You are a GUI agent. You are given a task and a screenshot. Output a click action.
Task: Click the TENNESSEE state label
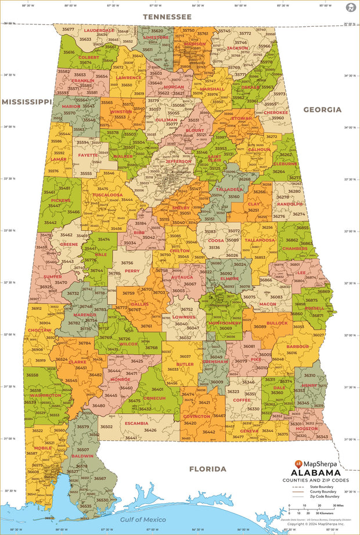(167, 17)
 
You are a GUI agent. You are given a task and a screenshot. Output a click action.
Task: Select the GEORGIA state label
(322, 109)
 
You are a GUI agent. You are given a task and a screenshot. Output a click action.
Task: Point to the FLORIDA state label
(207, 468)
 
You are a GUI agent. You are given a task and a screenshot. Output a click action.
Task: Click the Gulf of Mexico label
(143, 519)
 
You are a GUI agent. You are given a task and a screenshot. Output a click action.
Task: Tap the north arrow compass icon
(350, 8)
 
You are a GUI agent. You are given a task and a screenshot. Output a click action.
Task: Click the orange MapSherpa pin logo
(298, 464)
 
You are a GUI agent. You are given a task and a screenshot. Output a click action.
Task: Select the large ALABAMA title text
(320, 473)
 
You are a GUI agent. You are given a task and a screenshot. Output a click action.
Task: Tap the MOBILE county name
(42, 448)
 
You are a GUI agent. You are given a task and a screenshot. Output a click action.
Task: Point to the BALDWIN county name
(81, 456)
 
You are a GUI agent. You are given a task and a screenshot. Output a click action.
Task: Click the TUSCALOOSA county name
(108, 195)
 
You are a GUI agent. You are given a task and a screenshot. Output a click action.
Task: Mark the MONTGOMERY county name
(225, 323)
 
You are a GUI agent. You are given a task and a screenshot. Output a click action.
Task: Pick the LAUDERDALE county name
(99, 30)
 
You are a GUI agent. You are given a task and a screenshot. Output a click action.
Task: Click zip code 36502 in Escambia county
(106, 426)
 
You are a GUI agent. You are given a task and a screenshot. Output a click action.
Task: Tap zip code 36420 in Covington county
(190, 423)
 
